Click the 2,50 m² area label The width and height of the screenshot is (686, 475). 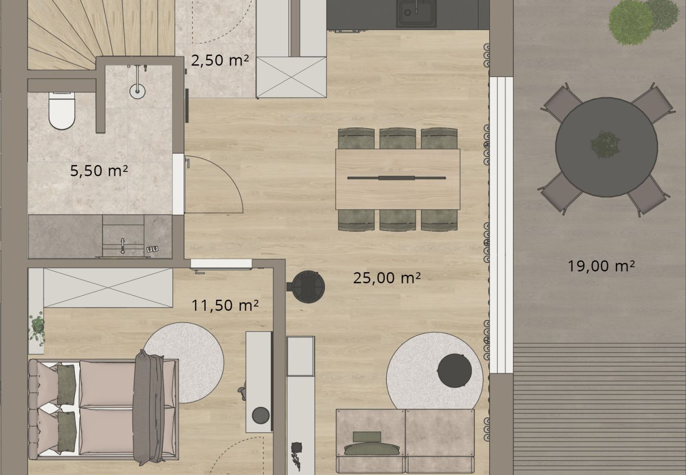click(220, 60)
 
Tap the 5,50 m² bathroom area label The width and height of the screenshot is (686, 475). click(99, 170)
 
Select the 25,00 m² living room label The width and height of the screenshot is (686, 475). click(386, 278)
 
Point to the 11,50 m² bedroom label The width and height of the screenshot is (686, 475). click(225, 306)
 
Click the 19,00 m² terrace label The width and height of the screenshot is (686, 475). click(601, 266)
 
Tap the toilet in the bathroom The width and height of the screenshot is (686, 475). click(62, 111)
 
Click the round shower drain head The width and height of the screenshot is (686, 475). click(137, 91)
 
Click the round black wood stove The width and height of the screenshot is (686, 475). click(308, 287)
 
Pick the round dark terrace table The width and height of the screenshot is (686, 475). click(606, 147)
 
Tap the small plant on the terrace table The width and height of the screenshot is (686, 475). click(605, 145)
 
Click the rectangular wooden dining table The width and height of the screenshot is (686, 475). click(397, 179)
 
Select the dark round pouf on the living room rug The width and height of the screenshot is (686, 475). click(454, 370)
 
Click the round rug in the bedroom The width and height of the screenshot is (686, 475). click(184, 363)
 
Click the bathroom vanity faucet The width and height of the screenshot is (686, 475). click(123, 246)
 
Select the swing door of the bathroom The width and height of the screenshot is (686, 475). click(214, 184)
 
